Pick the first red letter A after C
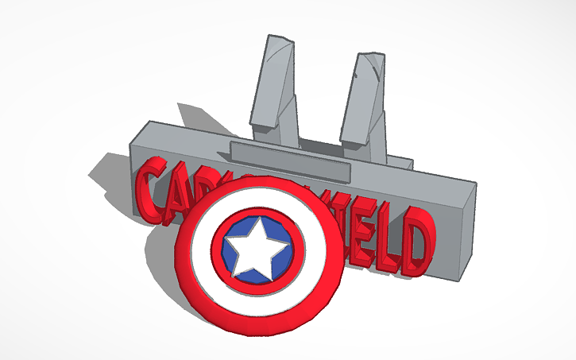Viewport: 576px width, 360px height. click(x=176, y=191)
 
